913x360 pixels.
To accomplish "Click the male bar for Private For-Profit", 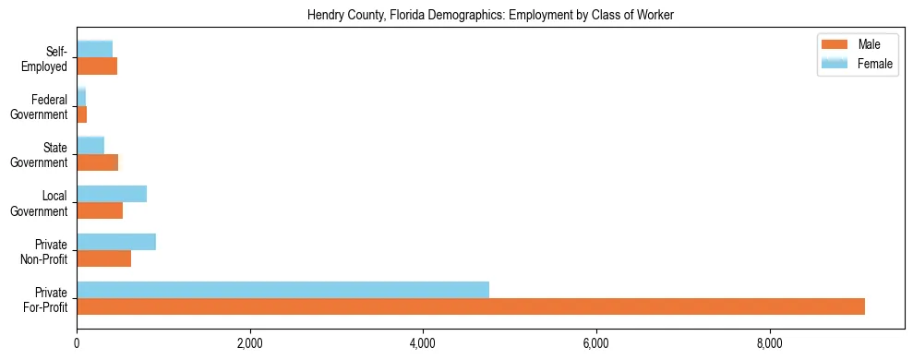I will click(x=471, y=306).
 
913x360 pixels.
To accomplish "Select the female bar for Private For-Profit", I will click(x=282, y=290).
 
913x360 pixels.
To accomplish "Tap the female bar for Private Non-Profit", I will click(x=116, y=242).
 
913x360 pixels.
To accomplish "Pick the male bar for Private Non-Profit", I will click(x=103, y=258).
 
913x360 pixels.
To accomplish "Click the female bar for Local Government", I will click(x=112, y=194).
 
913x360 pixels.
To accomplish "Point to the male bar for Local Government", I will click(x=100, y=210).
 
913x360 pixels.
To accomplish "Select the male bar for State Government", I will click(x=97, y=162).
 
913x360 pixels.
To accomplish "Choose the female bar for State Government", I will click(x=90, y=146).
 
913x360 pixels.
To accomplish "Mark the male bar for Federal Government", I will click(x=81, y=114).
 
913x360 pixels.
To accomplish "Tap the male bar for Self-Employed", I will click(x=97, y=66).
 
